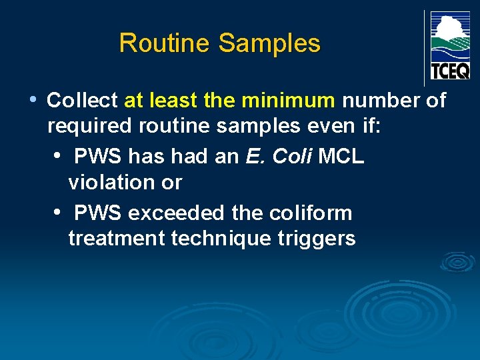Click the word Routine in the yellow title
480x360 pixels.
point(165,44)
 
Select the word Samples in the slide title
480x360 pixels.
point(269,44)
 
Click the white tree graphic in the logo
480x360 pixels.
point(449,28)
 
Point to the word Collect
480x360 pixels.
point(82,101)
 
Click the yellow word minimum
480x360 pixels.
point(289,101)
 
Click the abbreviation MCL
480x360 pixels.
point(341,157)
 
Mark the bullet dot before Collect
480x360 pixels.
point(33,100)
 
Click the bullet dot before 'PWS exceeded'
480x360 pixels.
point(59,213)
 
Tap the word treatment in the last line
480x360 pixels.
point(117,239)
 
